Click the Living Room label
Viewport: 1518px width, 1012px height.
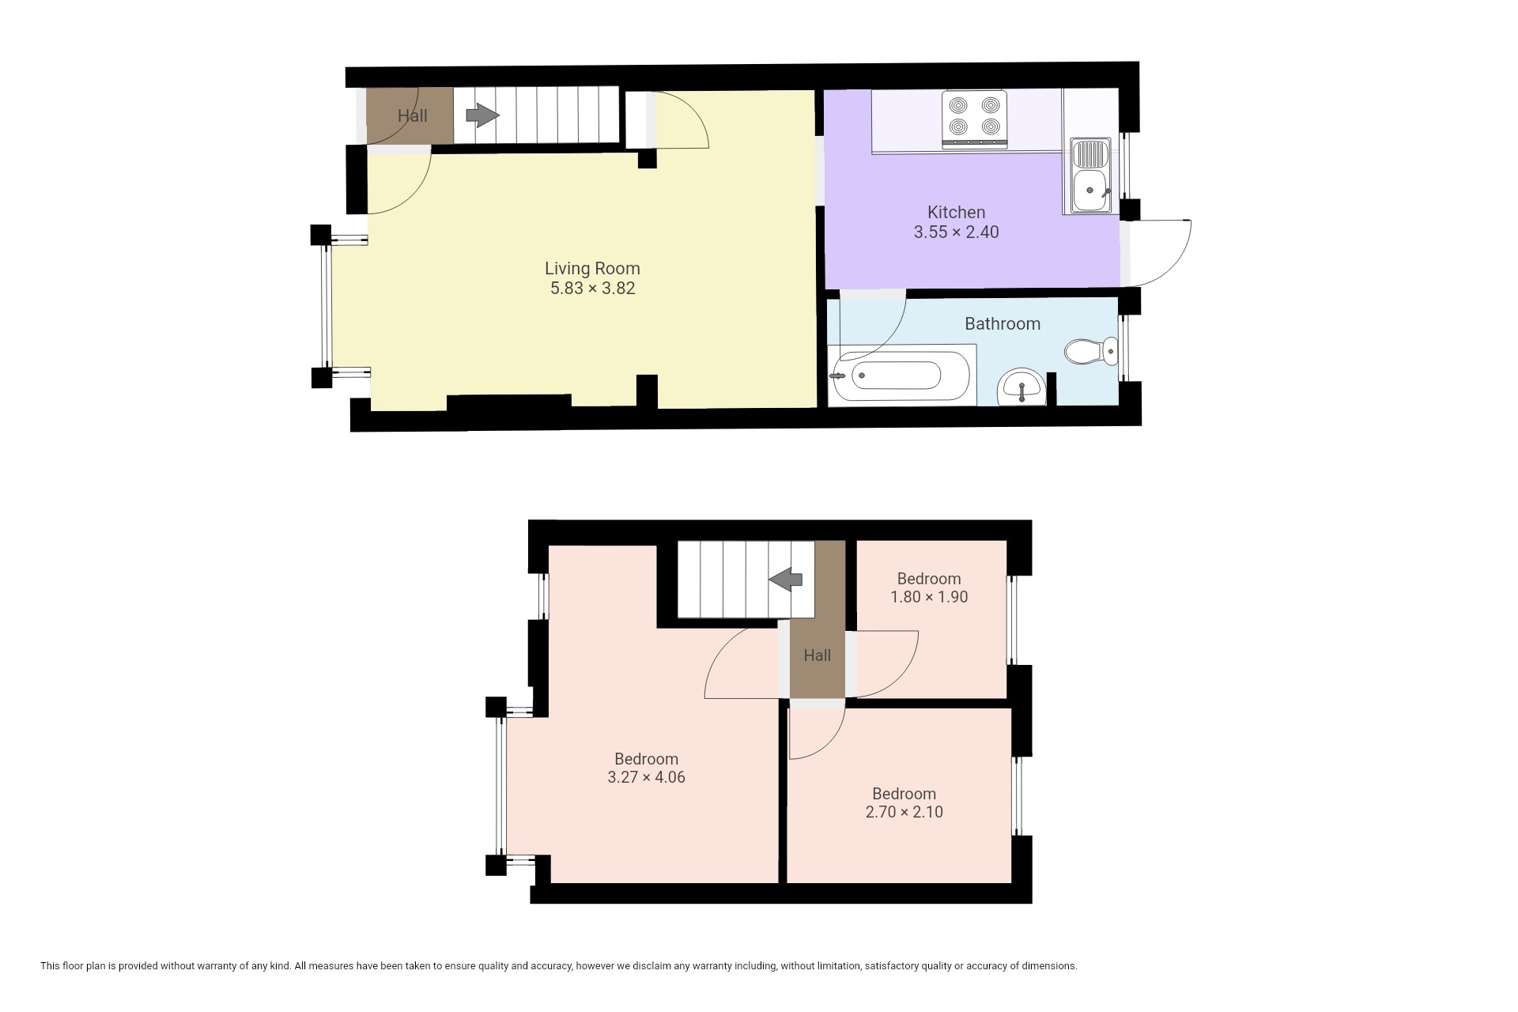click(592, 269)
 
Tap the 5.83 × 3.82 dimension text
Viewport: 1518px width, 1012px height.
click(593, 289)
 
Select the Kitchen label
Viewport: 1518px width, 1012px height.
click(956, 212)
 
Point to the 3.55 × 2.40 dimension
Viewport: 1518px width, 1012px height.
click(956, 232)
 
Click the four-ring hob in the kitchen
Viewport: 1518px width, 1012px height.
click(975, 119)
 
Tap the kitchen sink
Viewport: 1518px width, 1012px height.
click(1091, 176)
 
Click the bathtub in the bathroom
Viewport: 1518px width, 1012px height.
click(901, 376)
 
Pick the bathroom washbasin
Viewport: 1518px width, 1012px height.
click(1022, 387)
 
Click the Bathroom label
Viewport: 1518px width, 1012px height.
click(1002, 324)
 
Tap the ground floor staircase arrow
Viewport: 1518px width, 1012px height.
click(482, 116)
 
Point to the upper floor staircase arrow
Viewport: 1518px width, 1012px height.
click(786, 580)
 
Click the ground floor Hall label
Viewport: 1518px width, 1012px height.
click(412, 116)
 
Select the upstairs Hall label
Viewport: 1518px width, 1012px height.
click(817, 655)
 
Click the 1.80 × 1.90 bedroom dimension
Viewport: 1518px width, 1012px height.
click(929, 597)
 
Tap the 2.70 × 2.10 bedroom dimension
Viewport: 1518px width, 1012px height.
click(904, 812)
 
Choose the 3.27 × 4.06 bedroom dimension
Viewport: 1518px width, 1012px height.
click(646, 777)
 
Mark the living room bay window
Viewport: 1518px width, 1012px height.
click(326, 306)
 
